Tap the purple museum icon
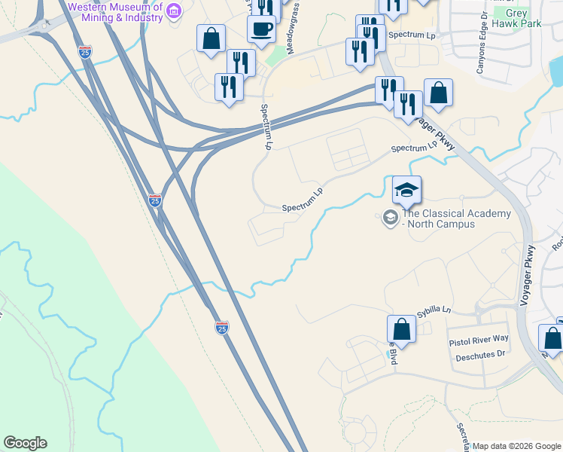pyautogui.click(x=175, y=11)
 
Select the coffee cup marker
pyautogui.click(x=261, y=29)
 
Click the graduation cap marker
pyautogui.click(x=406, y=190)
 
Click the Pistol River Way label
pyautogui.click(x=479, y=341)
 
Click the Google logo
pyautogui.click(x=25, y=443)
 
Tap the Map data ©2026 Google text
pyautogui.click(x=516, y=446)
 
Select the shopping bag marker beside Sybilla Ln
pyautogui.click(x=401, y=329)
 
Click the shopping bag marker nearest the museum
pyautogui.click(x=211, y=38)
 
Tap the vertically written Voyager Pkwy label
pyautogui.click(x=528, y=276)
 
